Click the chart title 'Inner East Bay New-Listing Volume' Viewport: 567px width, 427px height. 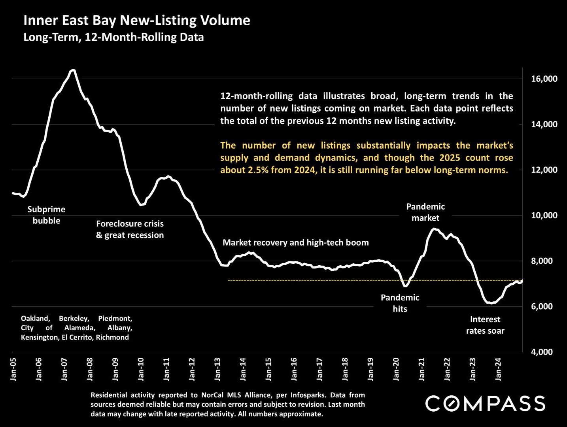136,21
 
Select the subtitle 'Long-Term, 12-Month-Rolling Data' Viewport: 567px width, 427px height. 113,38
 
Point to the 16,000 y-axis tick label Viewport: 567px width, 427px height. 544,79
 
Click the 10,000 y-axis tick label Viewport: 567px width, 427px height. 544,215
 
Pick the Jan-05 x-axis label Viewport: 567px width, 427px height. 13,369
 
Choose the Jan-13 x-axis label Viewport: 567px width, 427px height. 217,369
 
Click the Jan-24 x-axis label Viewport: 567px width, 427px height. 498,369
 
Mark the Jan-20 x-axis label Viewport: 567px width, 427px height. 396,369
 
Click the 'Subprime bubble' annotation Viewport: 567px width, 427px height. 46,215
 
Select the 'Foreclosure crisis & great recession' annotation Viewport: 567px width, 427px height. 130,229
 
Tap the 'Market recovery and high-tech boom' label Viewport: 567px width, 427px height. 295,243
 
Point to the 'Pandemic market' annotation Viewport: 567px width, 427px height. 425,212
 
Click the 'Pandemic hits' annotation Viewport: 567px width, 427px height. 400,303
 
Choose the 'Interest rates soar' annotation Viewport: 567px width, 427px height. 485,325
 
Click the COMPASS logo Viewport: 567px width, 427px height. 485,404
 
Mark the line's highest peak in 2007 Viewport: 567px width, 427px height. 73,70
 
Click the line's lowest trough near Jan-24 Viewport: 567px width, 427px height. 490,303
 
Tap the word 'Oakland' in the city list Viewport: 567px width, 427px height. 35,318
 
